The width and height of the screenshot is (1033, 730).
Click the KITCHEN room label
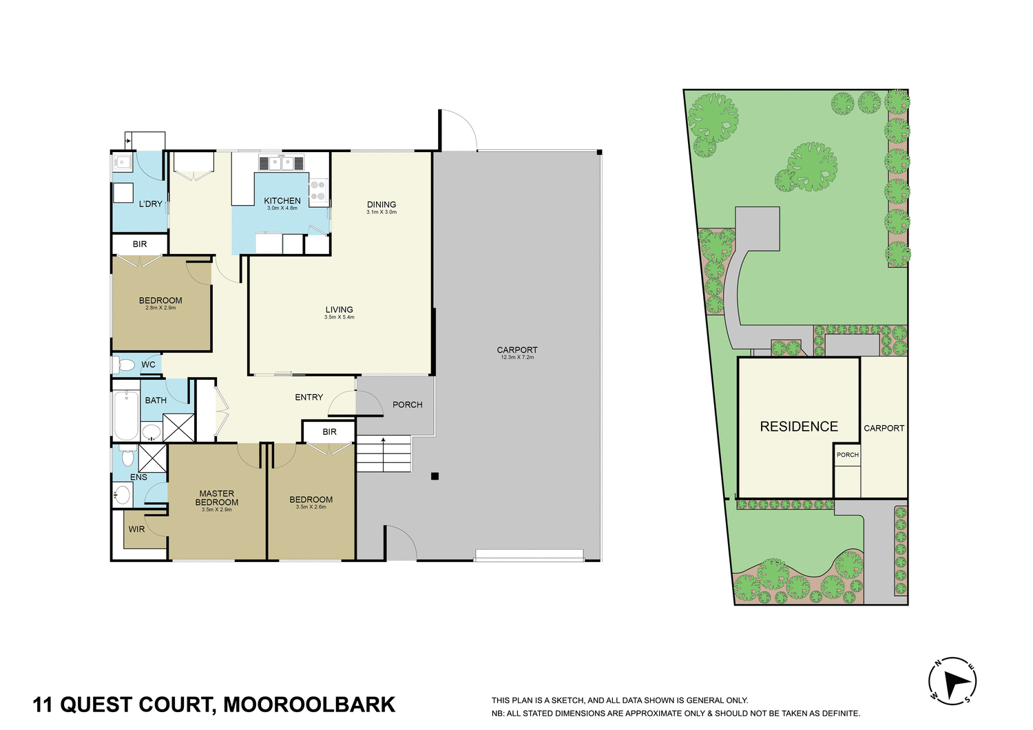[282, 201]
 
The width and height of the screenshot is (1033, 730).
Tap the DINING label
[382, 204]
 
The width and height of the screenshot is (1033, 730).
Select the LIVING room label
[339, 310]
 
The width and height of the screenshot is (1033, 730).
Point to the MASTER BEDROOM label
[217, 497]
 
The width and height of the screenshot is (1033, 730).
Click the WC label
[148, 365]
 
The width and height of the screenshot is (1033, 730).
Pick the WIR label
[136, 529]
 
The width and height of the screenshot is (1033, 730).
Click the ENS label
[138, 477]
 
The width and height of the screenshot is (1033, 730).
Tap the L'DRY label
[150, 204]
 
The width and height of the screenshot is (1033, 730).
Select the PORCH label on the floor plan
[407, 405]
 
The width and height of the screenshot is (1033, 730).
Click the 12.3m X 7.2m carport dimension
[517, 358]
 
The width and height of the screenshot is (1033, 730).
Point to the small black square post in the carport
[435, 476]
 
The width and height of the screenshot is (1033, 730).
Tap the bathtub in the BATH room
[126, 416]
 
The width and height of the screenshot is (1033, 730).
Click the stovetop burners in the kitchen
[318, 191]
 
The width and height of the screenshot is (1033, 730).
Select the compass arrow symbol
[953, 682]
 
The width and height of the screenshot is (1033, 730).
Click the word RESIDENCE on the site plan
[799, 427]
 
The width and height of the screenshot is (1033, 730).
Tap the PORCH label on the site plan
[848, 455]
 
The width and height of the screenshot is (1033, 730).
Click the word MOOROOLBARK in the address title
[309, 705]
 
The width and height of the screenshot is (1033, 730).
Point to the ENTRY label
[309, 397]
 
